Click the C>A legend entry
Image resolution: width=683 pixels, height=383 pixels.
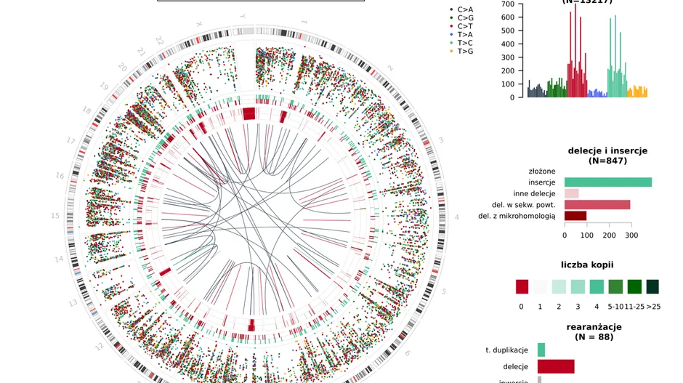(464, 9)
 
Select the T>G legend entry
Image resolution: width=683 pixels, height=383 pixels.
(464, 51)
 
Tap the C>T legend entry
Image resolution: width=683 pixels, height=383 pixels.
(464, 26)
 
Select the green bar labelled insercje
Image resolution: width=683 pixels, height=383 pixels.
(607, 182)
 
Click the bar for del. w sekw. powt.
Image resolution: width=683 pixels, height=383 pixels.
(597, 205)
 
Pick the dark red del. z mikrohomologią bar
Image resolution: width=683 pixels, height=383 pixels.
(575, 216)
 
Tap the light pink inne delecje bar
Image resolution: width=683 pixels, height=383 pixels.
(571, 193)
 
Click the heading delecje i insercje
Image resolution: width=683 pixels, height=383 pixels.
(607, 151)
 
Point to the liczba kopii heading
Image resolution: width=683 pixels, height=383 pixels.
(591, 265)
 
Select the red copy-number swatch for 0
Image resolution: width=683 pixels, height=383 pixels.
(522, 287)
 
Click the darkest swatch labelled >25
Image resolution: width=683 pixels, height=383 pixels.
(652, 287)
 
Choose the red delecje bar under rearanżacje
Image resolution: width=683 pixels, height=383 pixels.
(555, 366)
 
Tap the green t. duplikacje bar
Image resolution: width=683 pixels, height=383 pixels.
(541, 350)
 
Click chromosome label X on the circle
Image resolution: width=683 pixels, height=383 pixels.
(198, 24)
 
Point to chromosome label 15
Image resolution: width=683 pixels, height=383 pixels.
(55, 216)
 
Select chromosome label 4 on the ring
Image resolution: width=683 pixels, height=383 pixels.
(457, 217)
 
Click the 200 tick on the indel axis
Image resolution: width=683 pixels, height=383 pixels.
(610, 235)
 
